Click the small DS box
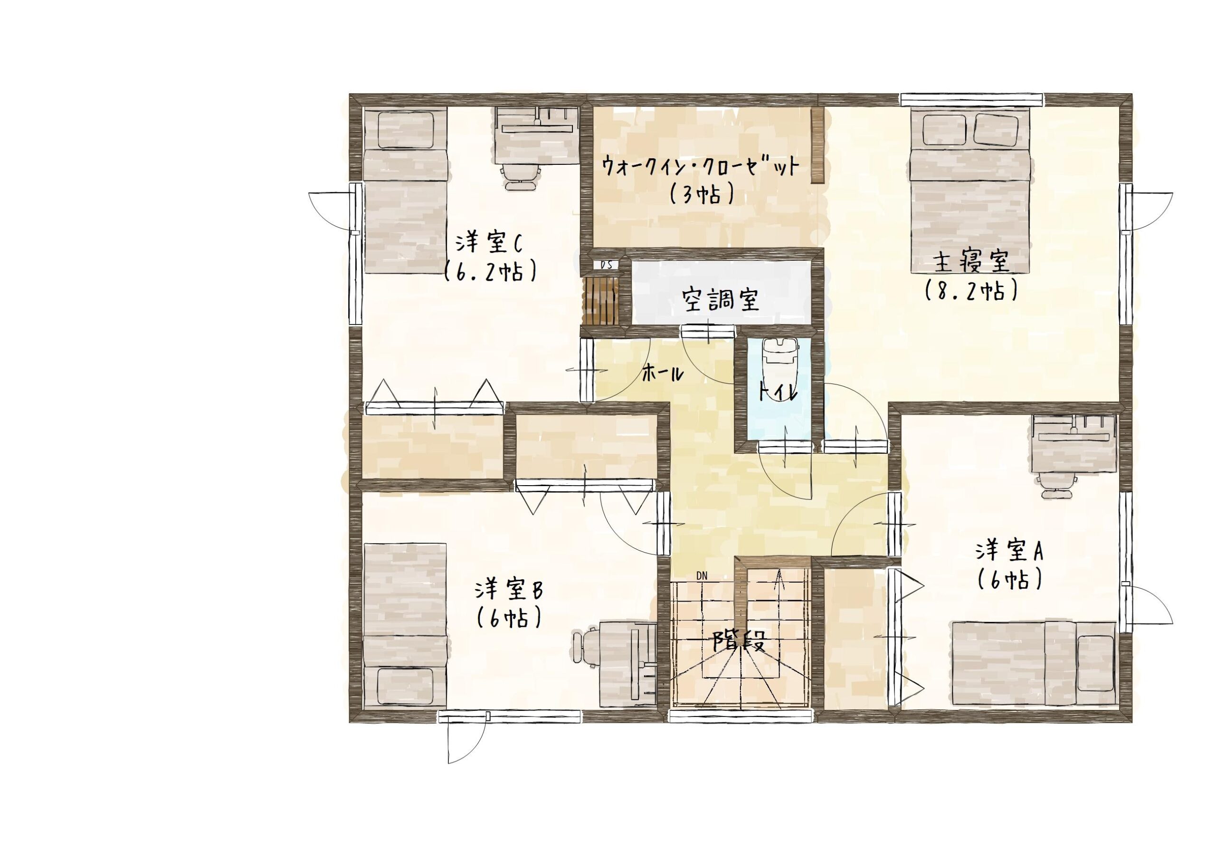point(607,265)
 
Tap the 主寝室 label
point(971,262)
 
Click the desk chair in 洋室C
point(522,176)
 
